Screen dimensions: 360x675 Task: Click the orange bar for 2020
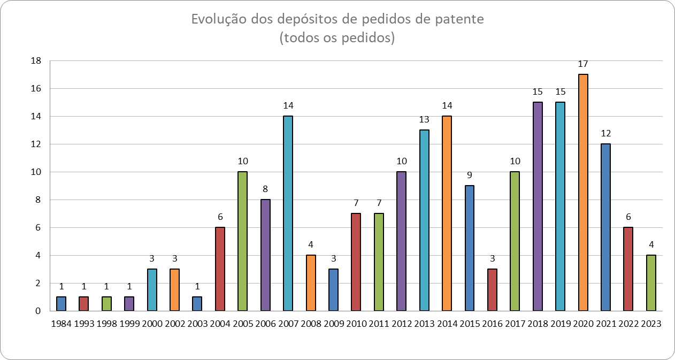[x=583, y=193]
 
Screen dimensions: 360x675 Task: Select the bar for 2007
[x=288, y=213]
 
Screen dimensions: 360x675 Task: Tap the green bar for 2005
[x=242, y=241]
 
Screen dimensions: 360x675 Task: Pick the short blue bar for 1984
[x=61, y=304]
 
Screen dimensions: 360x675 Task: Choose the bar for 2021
[x=605, y=227]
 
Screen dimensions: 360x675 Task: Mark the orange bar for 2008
[x=310, y=283]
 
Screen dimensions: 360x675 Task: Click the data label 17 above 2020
[x=583, y=64]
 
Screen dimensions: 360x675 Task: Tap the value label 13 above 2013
[x=424, y=120]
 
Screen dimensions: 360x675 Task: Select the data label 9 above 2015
[x=469, y=175]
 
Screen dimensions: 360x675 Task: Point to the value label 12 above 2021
[x=605, y=134]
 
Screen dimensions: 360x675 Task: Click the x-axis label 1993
[x=83, y=324]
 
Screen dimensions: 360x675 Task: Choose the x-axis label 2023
[x=651, y=324]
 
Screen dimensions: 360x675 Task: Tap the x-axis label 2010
[x=356, y=324]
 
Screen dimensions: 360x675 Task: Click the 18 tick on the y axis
[x=36, y=61]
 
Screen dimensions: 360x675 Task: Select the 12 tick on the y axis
[x=36, y=144]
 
